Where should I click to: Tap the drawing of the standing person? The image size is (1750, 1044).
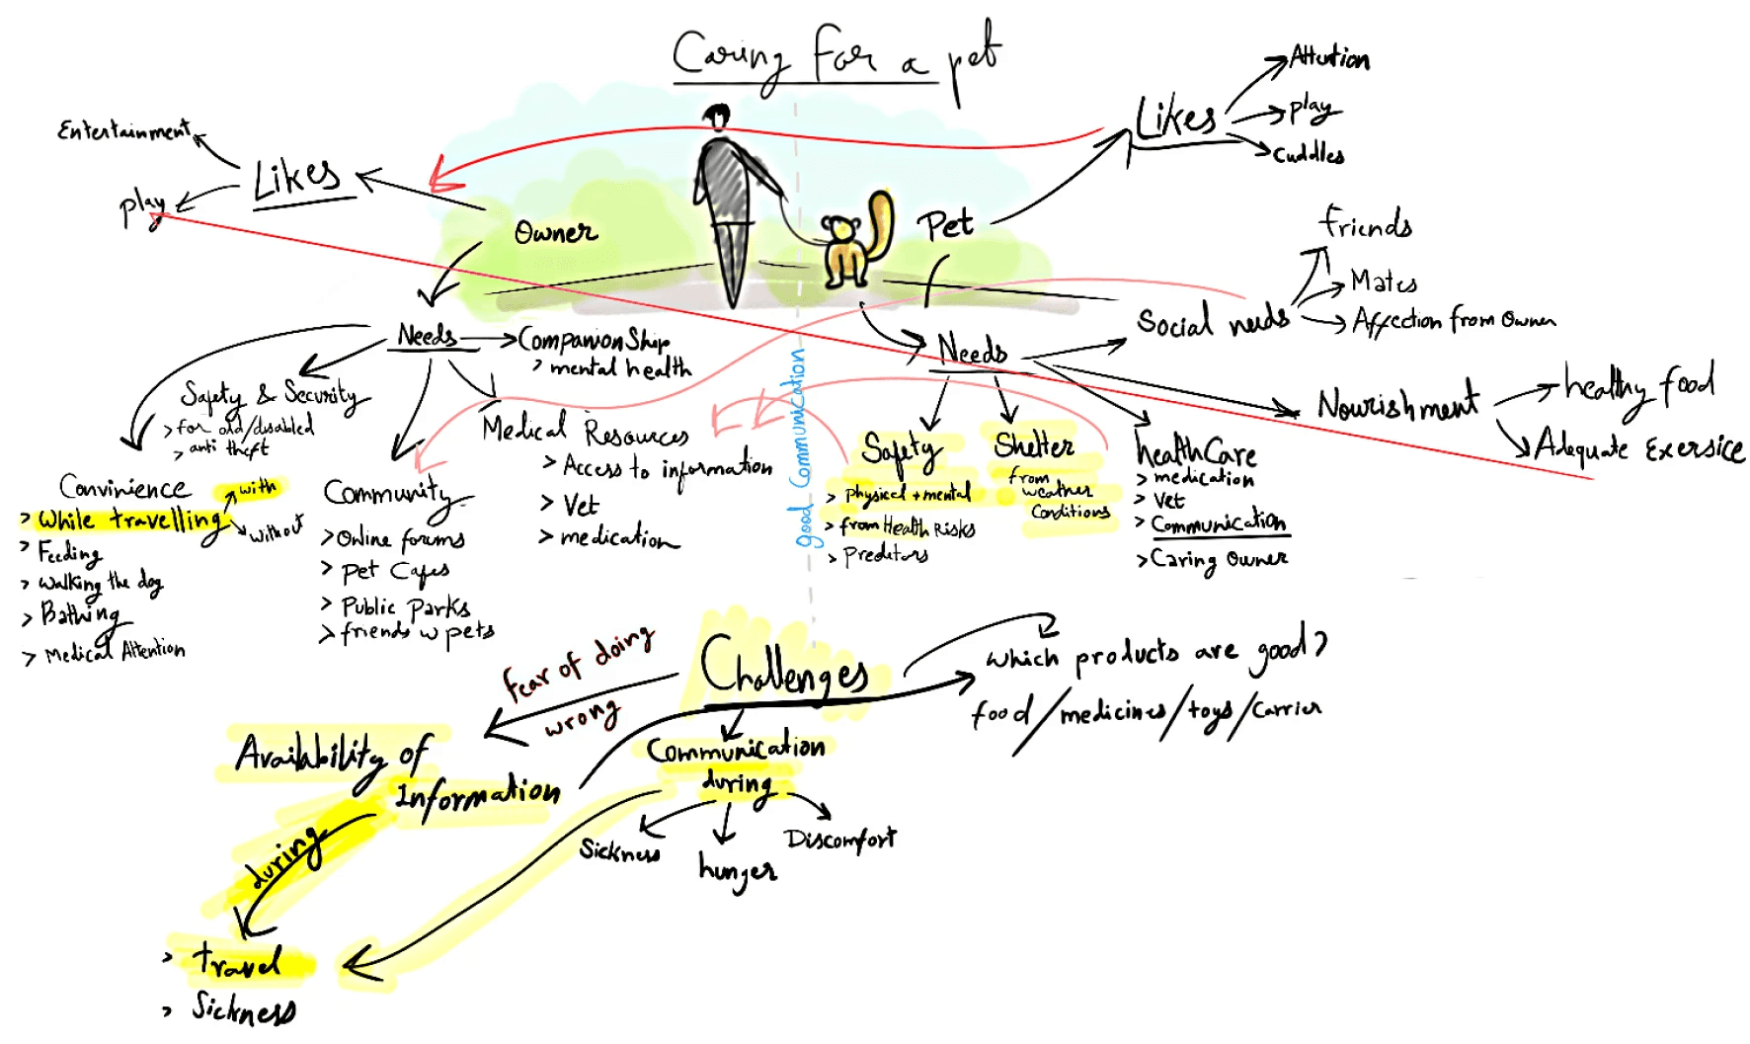pos(729,198)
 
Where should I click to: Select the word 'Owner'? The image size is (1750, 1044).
pos(555,233)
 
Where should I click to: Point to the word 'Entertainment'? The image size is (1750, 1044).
pos(123,130)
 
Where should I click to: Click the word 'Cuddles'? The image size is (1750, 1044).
pos(1309,154)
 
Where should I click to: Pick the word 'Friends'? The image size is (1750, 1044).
pos(1366,224)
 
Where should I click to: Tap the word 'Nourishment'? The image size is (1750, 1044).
pos(1397,403)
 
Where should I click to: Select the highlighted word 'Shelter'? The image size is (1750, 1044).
pos(1034,445)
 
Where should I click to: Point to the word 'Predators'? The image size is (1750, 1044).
pos(885,555)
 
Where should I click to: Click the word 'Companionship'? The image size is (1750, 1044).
pos(594,341)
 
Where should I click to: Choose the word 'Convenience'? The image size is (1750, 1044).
pos(124,487)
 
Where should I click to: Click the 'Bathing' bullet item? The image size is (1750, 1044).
pos(79,614)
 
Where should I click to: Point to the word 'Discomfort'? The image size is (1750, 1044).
pos(839,840)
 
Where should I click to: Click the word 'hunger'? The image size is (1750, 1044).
pos(737,870)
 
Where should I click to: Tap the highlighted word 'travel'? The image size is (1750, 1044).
pos(237,961)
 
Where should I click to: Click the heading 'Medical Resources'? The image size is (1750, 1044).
pos(585,431)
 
